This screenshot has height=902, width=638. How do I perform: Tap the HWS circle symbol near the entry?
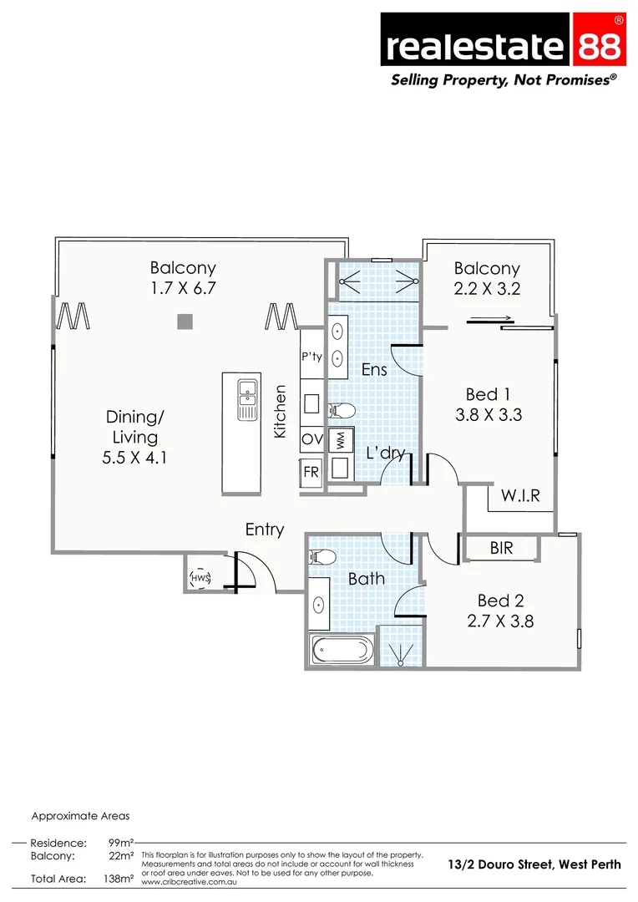tap(200, 577)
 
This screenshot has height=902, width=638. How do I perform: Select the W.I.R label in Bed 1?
tap(520, 495)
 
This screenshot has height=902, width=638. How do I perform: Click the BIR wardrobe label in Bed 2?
tap(502, 549)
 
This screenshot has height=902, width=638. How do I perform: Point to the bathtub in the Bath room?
tap(342, 650)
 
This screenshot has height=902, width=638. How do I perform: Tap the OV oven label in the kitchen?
tap(312, 438)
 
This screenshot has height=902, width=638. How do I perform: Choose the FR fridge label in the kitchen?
tap(311, 472)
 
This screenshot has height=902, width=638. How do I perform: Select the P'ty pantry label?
tap(311, 357)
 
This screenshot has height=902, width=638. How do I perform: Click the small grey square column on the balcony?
tap(185, 321)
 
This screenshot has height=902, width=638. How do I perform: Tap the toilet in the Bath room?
tap(322, 558)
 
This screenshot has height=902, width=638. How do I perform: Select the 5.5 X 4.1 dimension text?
tap(135, 457)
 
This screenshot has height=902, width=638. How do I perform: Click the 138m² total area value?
tap(119, 879)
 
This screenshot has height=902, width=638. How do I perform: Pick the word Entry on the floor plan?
tap(265, 530)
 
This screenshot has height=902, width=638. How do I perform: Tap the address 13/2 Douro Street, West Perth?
tap(534, 864)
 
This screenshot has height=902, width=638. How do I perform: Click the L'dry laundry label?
tap(386, 454)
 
